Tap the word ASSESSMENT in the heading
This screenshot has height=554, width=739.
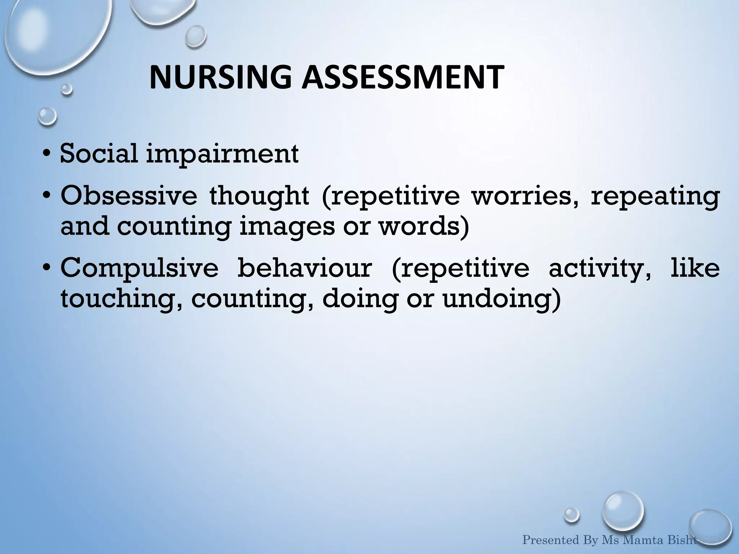[402, 78]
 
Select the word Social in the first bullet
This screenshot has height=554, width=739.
[99, 153]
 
